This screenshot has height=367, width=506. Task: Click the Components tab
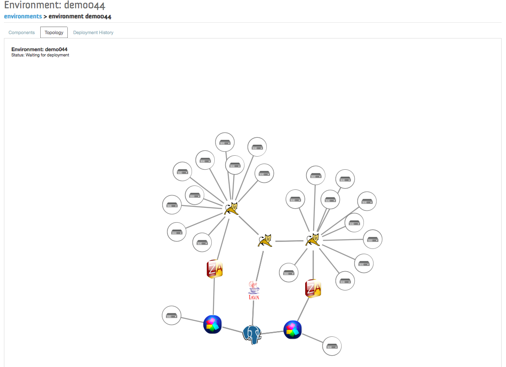click(21, 33)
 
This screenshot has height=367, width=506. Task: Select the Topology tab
click(54, 33)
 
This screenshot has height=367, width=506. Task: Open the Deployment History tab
click(93, 33)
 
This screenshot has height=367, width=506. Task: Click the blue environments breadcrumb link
click(23, 17)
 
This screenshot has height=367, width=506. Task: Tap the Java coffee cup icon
click(254, 290)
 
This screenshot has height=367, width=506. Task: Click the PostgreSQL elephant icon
click(252, 335)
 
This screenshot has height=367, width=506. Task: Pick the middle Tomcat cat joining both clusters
click(265, 241)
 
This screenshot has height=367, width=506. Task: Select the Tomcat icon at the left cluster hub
click(231, 209)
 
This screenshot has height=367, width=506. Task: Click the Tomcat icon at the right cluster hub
click(313, 240)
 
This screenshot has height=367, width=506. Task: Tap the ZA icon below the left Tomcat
click(215, 269)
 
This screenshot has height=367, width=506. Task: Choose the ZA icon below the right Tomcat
click(313, 288)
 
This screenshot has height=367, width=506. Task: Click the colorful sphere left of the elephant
click(213, 325)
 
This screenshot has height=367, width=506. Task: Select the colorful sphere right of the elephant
click(293, 329)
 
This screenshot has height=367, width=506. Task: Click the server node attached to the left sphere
click(171, 315)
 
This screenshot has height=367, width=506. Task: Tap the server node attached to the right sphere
click(332, 346)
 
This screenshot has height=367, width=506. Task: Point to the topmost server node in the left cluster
click(225, 142)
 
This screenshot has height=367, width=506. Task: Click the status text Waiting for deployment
click(47, 55)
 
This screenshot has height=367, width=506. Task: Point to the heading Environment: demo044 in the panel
click(39, 49)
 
